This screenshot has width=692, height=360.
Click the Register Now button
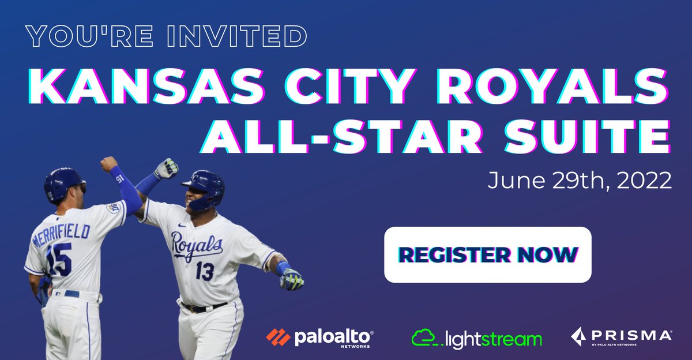(x=488, y=254)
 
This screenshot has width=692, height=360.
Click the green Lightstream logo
(x=477, y=337)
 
